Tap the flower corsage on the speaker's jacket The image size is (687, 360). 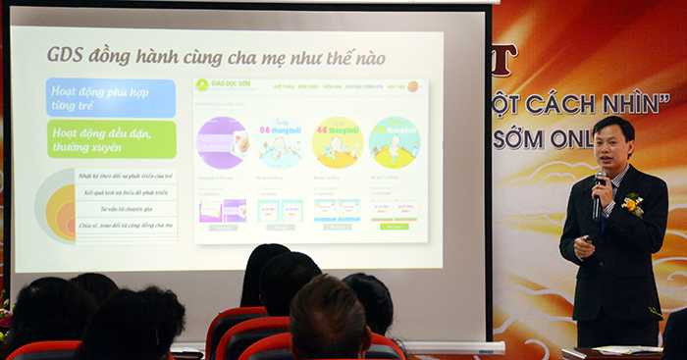click(634, 203)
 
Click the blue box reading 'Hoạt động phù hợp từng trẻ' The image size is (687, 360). click(110, 98)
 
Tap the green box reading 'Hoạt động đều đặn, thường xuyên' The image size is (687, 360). click(110, 139)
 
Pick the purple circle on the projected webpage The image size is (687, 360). click(222, 142)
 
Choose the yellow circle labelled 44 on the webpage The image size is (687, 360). click(337, 142)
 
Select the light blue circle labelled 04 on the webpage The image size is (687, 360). click(280, 142)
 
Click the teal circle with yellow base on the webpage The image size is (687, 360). click(395, 142)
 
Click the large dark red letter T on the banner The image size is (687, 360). click(502, 61)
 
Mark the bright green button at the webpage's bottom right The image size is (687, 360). click(394, 227)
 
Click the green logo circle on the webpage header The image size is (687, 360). click(202, 85)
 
